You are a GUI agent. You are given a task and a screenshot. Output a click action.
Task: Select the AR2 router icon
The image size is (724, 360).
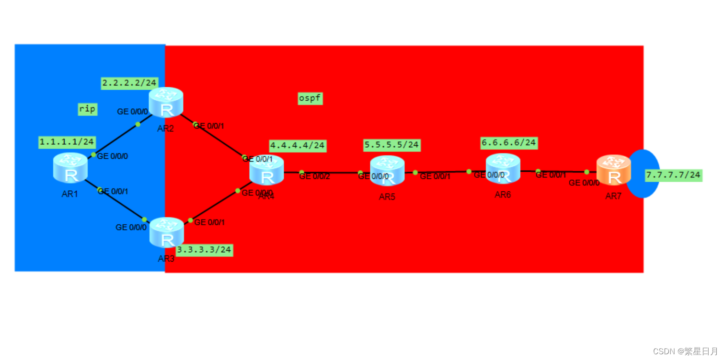[x=166, y=103]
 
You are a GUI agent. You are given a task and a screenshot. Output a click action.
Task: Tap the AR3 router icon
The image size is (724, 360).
[x=166, y=232]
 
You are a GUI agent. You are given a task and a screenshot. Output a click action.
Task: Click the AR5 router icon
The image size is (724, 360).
[x=387, y=170]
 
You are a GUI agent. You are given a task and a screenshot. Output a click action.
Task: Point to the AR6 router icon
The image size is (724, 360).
[x=503, y=168]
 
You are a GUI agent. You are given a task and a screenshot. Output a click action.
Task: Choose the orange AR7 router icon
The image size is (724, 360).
[x=613, y=170]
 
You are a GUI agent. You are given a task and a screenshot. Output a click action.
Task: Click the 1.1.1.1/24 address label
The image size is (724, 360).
[x=67, y=142]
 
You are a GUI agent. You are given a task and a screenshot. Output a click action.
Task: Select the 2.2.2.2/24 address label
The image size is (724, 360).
[x=130, y=83]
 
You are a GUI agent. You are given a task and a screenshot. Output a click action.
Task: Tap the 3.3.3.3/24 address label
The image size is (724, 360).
[x=204, y=250]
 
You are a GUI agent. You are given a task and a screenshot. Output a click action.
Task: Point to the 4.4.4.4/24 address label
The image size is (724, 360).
[x=298, y=145]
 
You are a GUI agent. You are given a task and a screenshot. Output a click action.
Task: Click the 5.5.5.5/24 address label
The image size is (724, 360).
[x=392, y=144]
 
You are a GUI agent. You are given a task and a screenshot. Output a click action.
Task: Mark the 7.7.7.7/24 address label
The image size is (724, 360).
[x=673, y=175]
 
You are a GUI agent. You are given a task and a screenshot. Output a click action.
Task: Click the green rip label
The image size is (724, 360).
[x=87, y=109]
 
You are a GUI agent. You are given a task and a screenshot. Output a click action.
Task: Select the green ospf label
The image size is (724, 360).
[x=310, y=98]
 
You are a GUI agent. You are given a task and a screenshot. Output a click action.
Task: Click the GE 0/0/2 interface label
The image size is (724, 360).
[x=314, y=176]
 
